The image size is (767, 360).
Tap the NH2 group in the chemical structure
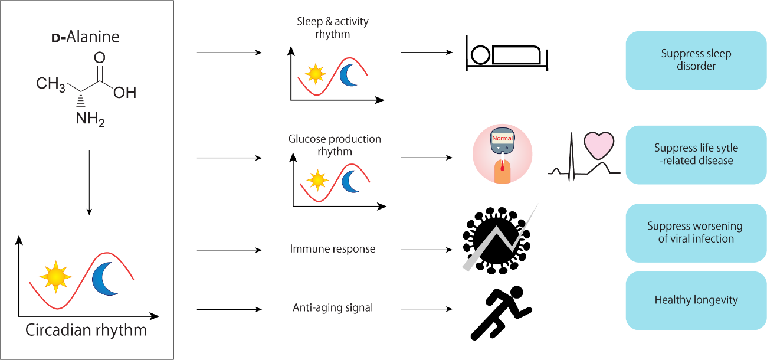[89, 119]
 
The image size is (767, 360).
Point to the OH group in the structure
[124, 93]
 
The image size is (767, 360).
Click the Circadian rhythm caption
[86, 329]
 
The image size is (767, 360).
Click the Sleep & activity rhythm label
[332, 28]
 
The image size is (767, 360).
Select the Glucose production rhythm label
[335, 145]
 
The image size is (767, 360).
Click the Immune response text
[332, 248]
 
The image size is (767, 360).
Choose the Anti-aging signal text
[333, 307]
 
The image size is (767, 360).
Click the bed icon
[507, 54]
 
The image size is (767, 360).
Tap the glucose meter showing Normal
[502, 154]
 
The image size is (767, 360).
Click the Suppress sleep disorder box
[696, 60]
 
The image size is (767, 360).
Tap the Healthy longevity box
[696, 300]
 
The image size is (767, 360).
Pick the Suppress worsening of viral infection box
[696, 233]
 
